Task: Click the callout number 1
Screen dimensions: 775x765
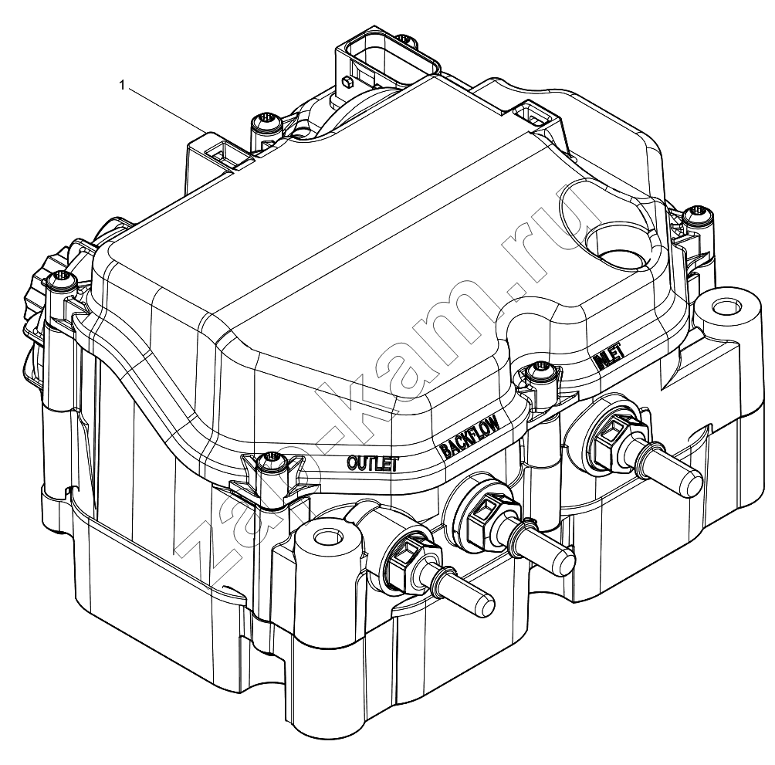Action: tap(122, 86)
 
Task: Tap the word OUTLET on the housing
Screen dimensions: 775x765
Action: tap(373, 463)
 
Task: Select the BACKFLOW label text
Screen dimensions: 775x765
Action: tap(471, 435)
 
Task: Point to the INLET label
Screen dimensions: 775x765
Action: tap(609, 356)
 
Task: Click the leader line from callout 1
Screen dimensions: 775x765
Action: tap(167, 110)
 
